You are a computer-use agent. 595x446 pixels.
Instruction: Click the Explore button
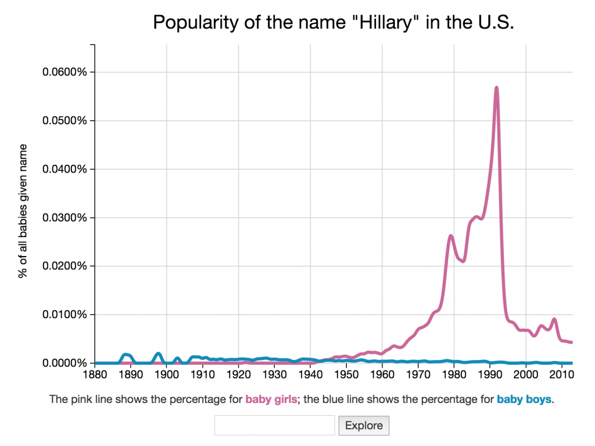pyautogui.click(x=364, y=426)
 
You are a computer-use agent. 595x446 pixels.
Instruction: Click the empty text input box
pyautogui.click(x=275, y=426)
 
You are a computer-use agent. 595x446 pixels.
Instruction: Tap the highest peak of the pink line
pyautogui.click(x=497, y=88)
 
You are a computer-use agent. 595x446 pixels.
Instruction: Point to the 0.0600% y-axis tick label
pyautogui.click(x=65, y=73)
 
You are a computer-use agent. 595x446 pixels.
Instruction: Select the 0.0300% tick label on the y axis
pyautogui.click(x=65, y=218)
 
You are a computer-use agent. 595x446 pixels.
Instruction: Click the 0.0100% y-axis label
pyautogui.click(x=65, y=315)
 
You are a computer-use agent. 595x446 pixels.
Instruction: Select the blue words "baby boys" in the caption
pyautogui.click(x=524, y=400)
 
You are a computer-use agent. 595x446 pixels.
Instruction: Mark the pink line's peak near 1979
pyautogui.click(x=451, y=236)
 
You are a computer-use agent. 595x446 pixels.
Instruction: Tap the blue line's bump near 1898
pyautogui.click(x=159, y=353)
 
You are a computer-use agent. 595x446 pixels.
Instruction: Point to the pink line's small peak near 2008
pyautogui.click(x=554, y=319)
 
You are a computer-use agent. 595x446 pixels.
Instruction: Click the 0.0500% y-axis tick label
pyautogui.click(x=65, y=121)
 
